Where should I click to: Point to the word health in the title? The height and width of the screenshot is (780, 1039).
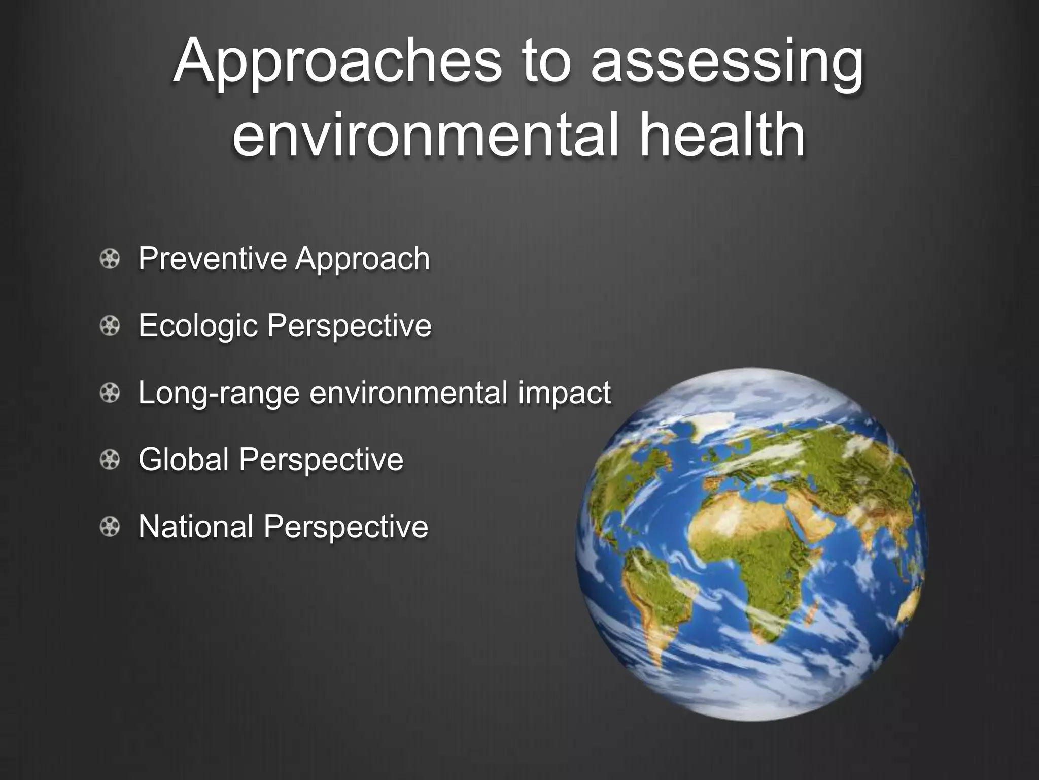click(x=722, y=133)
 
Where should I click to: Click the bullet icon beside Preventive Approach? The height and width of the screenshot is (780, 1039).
click(x=109, y=259)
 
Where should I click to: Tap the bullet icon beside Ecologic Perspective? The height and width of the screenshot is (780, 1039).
click(x=109, y=326)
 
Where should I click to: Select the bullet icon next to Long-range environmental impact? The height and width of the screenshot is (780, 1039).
click(x=109, y=393)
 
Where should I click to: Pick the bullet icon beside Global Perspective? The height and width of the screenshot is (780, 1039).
click(x=109, y=460)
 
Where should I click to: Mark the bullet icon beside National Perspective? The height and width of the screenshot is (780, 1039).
click(x=109, y=527)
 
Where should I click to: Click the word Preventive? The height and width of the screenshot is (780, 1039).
click(x=213, y=258)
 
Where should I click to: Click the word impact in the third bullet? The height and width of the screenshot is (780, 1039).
click(x=564, y=394)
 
